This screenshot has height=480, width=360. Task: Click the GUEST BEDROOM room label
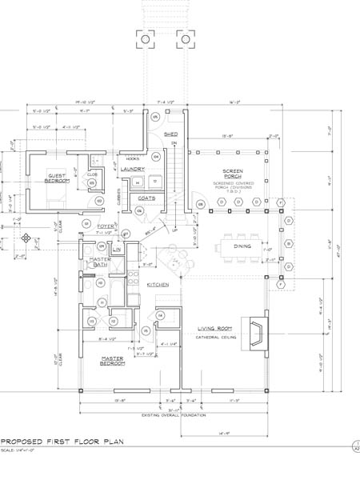[x=57, y=178]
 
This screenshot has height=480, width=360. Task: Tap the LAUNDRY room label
[x=133, y=169]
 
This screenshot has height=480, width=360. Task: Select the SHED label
[x=170, y=134]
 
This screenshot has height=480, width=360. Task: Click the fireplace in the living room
[x=258, y=328]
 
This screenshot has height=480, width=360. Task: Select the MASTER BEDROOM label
[x=112, y=361]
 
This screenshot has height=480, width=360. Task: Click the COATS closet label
[x=146, y=197]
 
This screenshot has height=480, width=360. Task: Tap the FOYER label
[x=105, y=227]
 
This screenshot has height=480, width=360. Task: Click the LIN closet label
[x=116, y=250]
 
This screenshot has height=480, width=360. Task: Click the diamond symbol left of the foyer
[x=26, y=238]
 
